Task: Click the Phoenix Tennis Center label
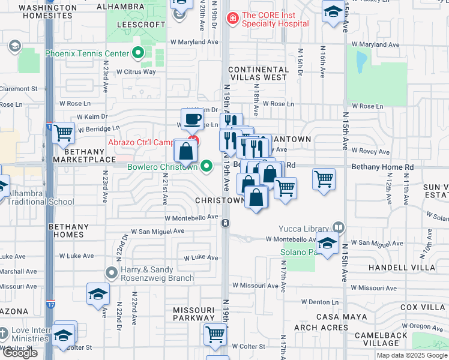[x=87, y=53]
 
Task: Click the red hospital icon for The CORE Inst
[x=232, y=19]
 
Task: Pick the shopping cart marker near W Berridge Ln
[x=63, y=133]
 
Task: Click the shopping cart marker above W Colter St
[x=215, y=334]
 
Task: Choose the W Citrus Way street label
[x=136, y=72]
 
